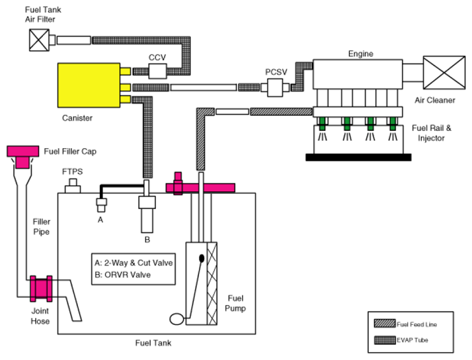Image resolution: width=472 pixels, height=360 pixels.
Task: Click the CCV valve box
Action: (x=158, y=71)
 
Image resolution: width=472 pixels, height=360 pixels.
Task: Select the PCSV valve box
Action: (x=275, y=87)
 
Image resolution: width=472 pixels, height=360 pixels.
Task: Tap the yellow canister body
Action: (x=89, y=85)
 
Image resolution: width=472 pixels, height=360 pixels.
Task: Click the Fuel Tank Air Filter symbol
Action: (x=39, y=40)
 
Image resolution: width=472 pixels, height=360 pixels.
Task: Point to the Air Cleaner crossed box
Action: (x=444, y=73)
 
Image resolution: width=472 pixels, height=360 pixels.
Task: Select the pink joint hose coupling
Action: (x=41, y=289)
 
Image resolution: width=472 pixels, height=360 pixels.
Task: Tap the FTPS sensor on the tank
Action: (x=73, y=186)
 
